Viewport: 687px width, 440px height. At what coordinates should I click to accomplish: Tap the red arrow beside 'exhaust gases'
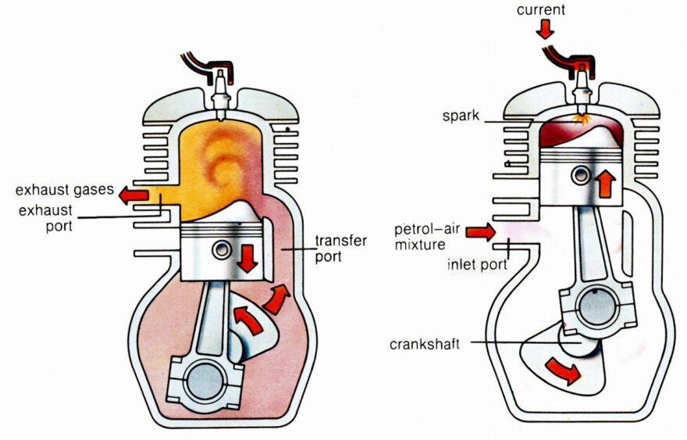(133, 193)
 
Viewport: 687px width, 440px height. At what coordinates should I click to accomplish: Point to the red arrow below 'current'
(544, 30)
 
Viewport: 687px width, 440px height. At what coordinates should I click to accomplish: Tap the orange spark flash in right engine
(579, 118)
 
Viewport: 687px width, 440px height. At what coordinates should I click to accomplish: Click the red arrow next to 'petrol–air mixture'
(481, 231)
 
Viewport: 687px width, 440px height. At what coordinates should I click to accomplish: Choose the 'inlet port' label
(475, 264)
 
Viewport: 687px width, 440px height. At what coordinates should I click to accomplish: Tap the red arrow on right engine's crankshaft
(563, 371)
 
